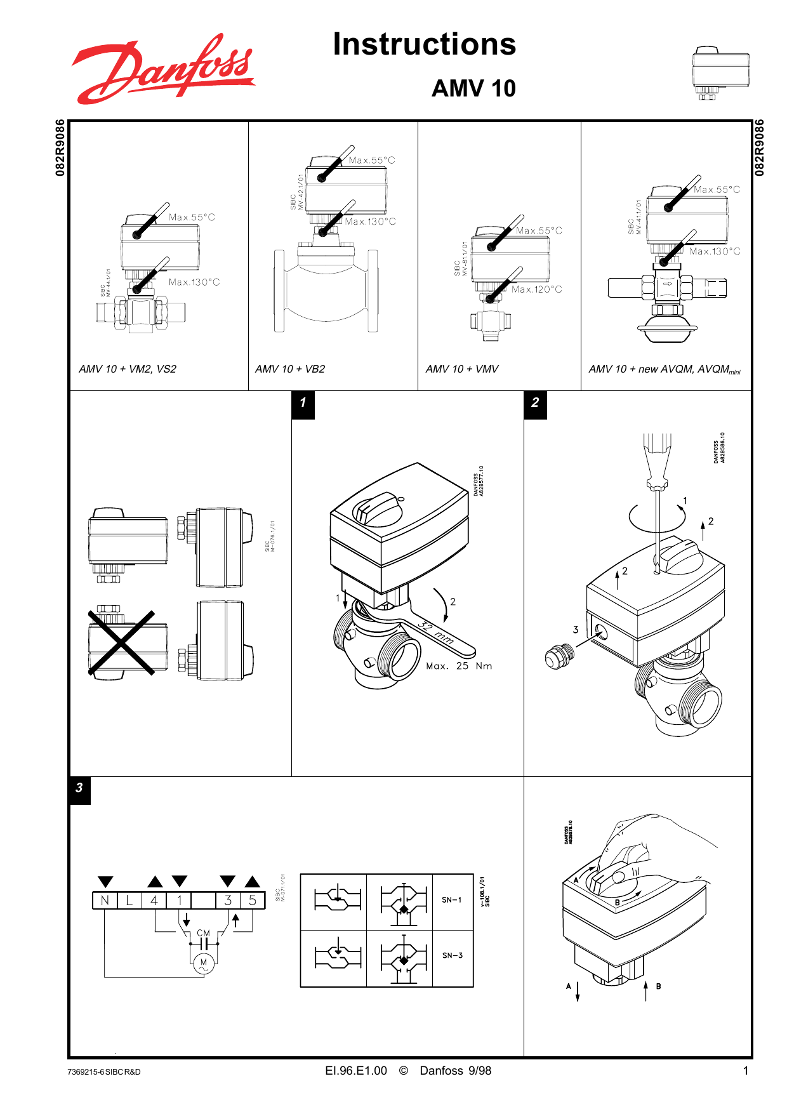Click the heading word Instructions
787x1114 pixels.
tap(424, 44)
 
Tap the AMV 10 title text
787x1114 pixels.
tap(473, 88)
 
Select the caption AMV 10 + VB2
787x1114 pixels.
tap(290, 369)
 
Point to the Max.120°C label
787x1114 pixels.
tap(537, 289)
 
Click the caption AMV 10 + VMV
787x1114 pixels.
tap(462, 369)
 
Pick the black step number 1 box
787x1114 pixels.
tap(303, 403)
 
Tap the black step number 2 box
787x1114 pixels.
tap(535, 403)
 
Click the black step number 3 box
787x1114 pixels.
tap(79, 788)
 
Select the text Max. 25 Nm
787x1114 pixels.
tap(459, 666)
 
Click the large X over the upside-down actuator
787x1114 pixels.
tap(121, 642)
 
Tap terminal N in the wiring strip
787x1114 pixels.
tap(105, 900)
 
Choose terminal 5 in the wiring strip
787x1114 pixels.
tap(253, 900)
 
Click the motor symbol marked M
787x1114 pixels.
tap(204, 964)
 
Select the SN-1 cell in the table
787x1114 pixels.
tap(453, 900)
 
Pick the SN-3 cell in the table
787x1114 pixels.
tap(453, 955)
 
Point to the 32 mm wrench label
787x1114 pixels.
tap(436, 633)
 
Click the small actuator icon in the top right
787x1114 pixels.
tap(720, 72)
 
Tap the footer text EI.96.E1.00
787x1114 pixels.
tap(356, 1071)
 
